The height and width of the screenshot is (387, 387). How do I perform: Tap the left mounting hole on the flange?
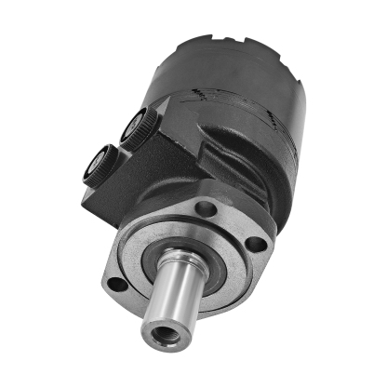coord(114,282)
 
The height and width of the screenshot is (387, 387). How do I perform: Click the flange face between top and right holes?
coord(238,220)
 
